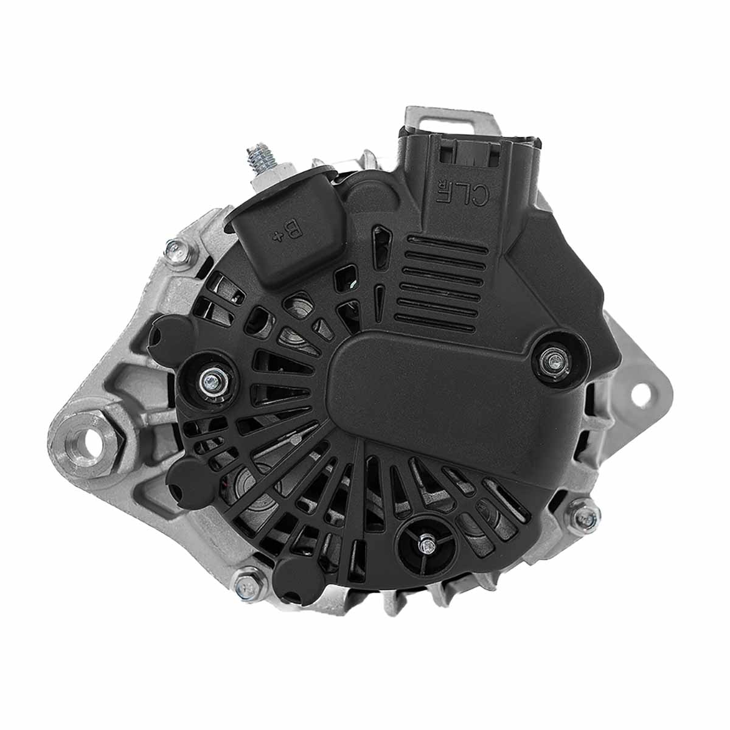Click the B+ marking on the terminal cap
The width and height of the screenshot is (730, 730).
click(x=287, y=232)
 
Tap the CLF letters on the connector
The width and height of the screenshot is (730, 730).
click(x=464, y=191)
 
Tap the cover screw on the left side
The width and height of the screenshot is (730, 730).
click(x=210, y=381)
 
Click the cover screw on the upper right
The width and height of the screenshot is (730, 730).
click(x=554, y=361)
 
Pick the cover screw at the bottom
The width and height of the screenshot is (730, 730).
click(x=428, y=544)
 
